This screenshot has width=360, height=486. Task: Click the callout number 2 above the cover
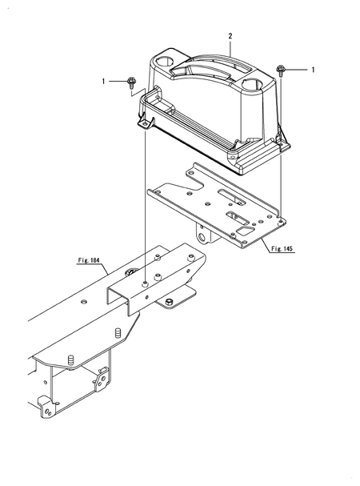coord(230,37)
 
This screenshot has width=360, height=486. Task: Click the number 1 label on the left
coord(103,81)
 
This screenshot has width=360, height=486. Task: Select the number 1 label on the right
coord(313,70)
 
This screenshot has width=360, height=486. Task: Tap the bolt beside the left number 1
coord(132,82)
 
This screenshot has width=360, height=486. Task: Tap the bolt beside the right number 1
coord(281,70)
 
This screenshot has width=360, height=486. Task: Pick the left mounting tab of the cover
coord(146,123)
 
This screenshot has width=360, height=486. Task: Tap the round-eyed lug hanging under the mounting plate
coord(207,236)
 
